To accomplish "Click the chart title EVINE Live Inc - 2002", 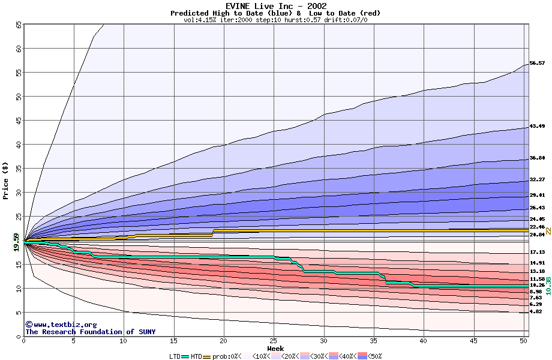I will [x=275, y=6].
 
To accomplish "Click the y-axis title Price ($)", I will [x=5, y=180].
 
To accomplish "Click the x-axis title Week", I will [x=275, y=348].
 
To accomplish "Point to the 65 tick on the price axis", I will [x=18, y=25].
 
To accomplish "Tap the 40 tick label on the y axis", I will [x=18, y=145].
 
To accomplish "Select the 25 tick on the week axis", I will [x=274, y=341].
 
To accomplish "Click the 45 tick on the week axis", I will [x=474, y=341].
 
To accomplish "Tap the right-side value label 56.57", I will [x=537, y=63].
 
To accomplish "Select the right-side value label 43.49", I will [x=537, y=127].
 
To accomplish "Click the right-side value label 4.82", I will [x=535, y=312].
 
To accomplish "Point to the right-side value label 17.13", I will [x=537, y=252].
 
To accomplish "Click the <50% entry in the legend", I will [x=373, y=356].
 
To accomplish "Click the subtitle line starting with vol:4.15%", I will [x=275, y=20].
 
